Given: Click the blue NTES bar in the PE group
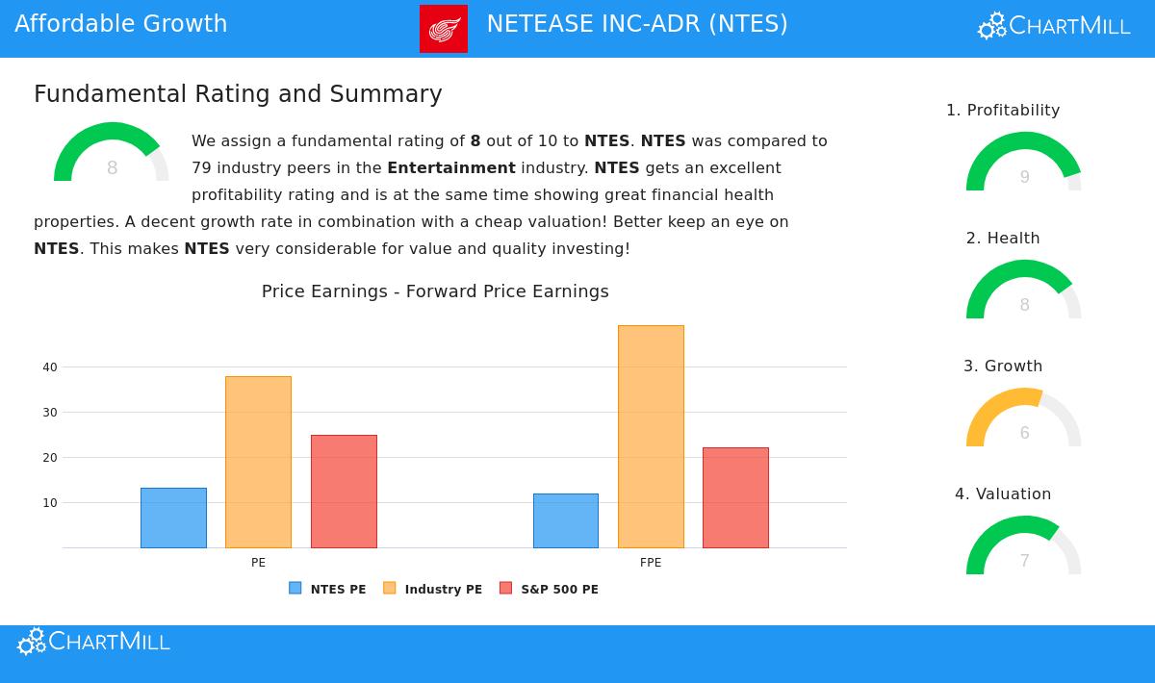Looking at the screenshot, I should coord(173,518).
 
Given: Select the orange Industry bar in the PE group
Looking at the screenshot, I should coord(258,462).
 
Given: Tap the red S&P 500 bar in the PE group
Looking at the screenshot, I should coord(344,492).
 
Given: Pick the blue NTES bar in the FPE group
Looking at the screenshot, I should coord(566,520).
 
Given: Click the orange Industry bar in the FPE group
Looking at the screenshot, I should coord(651,437).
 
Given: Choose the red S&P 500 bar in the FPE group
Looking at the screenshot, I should coord(735,497).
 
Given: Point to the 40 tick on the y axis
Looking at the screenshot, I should coord(50,367).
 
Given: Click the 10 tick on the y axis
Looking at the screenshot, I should coord(50,503).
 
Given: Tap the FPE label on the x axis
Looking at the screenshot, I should coord(651,563).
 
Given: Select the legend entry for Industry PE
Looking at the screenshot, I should coord(433,589).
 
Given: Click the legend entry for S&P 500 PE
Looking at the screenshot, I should coord(550,589).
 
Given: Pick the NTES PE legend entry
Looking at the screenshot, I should coord(328,589).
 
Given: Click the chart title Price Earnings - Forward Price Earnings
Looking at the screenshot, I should coord(435,291).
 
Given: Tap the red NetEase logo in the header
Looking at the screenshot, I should coord(444,29).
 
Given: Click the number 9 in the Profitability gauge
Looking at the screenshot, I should coord(1024,177).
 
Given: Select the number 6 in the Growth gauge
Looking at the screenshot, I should coord(1024,433).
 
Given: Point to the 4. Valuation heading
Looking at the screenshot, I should coord(1003,494).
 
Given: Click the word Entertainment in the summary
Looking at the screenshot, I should coord(451,168).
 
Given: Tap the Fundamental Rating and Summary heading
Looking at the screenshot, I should coord(238,94).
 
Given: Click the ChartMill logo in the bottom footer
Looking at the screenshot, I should coord(94,642).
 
